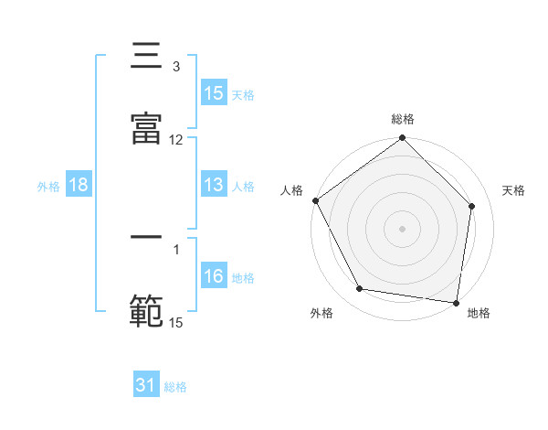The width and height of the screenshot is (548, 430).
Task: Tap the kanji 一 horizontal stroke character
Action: coord(147,240)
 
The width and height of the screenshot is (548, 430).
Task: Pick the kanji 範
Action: coord(147,309)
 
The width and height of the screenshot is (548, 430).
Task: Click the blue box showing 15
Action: coord(214,93)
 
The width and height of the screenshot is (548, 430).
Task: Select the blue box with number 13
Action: coord(214,185)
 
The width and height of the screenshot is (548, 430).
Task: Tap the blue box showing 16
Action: coord(214,276)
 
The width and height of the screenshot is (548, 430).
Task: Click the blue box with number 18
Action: coord(79,185)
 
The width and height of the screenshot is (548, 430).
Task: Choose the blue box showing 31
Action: coord(146,385)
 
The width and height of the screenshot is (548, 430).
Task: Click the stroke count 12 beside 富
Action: coord(176,140)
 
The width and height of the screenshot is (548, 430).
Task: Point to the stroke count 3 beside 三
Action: coord(176,67)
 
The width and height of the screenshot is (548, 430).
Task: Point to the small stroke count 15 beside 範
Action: coord(176,322)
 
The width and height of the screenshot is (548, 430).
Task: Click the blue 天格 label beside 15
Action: coord(243,94)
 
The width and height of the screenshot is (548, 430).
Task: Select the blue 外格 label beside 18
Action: coord(48,186)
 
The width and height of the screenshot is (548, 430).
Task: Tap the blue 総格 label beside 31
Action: coord(175,386)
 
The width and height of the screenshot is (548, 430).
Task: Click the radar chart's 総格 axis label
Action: coord(403,119)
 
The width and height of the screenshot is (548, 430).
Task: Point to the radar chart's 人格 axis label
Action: coord(292,190)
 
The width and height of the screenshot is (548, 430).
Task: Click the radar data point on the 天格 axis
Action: coord(472,206)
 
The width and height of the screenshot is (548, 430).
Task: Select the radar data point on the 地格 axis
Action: coord(456,302)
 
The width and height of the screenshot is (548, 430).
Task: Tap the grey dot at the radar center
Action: coord(403,228)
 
